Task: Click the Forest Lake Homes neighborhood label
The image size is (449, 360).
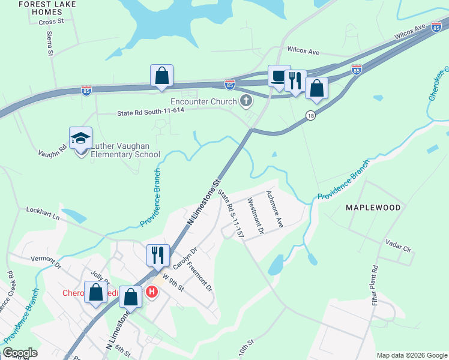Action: tap(41, 8)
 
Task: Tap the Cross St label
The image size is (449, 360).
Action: tap(50, 22)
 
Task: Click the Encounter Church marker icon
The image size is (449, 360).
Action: tap(246, 101)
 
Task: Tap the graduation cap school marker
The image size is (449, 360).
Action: tap(80, 139)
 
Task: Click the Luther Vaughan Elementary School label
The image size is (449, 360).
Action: tap(125, 149)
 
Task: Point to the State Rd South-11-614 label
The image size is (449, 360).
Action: tap(150, 112)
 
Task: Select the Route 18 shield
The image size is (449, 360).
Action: tap(310, 116)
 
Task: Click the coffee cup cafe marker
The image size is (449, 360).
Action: tap(279, 76)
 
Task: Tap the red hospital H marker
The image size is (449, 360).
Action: tap(152, 292)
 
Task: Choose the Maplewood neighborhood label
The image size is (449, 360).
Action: tap(373, 208)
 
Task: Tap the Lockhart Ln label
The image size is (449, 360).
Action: tap(43, 212)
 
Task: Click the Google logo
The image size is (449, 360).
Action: tap(20, 353)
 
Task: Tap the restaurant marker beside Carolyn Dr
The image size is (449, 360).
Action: tap(158, 254)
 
